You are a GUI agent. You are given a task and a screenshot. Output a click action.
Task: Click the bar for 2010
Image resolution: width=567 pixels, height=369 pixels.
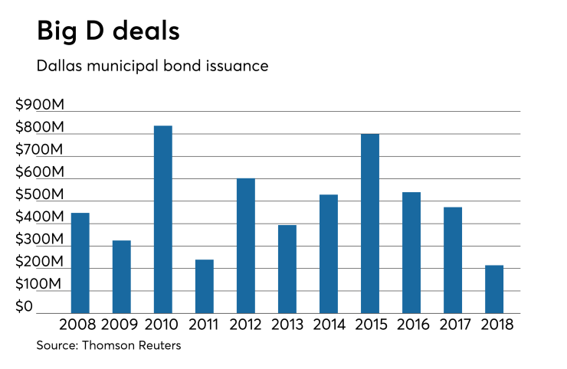point(162,219)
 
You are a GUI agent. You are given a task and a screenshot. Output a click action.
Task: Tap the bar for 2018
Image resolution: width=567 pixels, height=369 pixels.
point(493,289)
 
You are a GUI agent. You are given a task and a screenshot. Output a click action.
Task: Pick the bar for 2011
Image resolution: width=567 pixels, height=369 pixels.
point(204,286)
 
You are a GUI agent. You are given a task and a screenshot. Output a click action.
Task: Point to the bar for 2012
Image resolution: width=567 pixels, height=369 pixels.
point(245,245)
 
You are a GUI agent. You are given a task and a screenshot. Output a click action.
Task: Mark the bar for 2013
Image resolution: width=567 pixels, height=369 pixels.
point(287,269)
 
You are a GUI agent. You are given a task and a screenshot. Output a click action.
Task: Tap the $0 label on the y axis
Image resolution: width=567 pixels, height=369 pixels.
point(25,307)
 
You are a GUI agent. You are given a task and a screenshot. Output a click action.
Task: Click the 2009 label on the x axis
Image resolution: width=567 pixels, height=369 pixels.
point(121,325)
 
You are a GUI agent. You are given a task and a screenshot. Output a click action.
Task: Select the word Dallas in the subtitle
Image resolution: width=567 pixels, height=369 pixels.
point(59,67)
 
